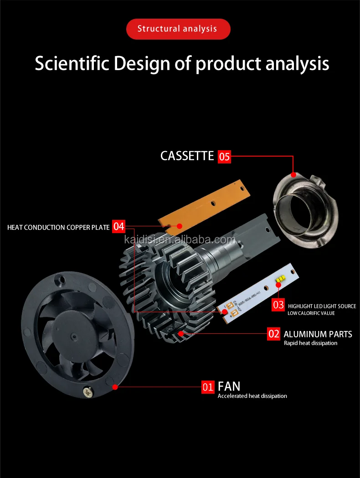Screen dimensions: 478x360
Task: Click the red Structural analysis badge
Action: pos(178,29)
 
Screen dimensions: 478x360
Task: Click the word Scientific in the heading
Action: pos(72,63)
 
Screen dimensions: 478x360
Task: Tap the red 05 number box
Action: pos(225,157)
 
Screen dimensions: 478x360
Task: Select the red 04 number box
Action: pos(118,226)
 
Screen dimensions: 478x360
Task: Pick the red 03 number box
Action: pos(278,305)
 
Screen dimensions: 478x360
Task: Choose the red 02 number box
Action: pos(273,334)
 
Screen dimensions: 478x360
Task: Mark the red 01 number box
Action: pos(208,387)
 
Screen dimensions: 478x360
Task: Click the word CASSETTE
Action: pos(187,156)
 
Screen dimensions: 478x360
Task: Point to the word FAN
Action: pos(229,387)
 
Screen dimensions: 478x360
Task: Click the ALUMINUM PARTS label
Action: pos(318,334)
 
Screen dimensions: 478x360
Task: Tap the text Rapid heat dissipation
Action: pos(310,343)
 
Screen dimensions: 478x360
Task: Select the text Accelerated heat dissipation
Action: pos(252,396)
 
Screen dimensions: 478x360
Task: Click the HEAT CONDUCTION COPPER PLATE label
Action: pos(58,227)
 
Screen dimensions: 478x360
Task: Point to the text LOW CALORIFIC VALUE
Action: pos(311,313)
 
